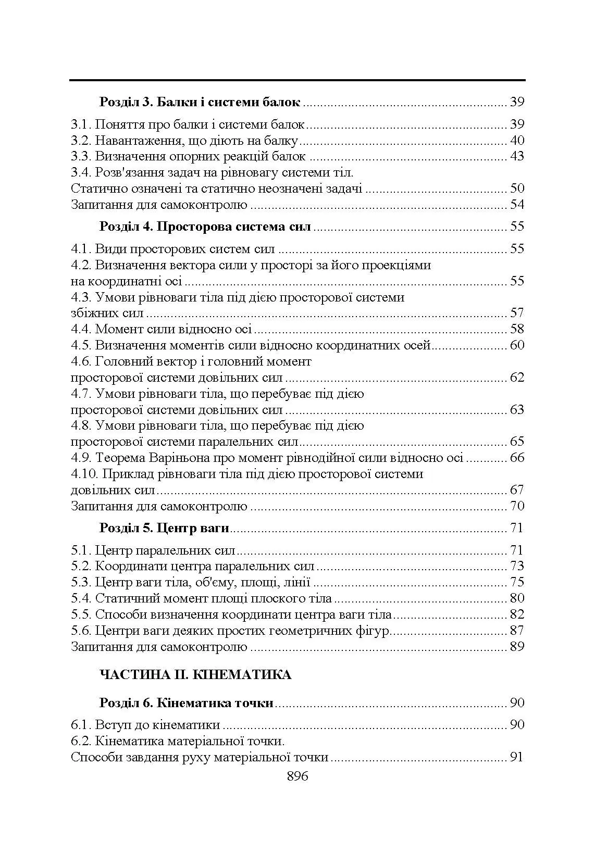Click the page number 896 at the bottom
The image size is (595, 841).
(297, 776)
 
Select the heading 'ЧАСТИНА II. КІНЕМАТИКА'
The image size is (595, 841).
(195, 675)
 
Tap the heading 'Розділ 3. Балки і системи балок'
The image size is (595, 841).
(200, 102)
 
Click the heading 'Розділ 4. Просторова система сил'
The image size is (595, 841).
(205, 227)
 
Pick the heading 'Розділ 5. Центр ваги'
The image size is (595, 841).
(164, 528)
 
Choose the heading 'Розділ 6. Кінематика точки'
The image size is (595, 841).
(186, 703)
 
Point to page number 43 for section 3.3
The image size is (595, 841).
(517, 156)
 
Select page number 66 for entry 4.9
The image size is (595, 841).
(517, 458)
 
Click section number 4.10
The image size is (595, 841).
(83, 474)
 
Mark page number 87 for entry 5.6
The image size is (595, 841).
(517, 631)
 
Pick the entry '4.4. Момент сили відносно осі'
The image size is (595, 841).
(162, 329)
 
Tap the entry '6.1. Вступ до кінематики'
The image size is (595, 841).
(145, 725)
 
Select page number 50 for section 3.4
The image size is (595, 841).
(517, 189)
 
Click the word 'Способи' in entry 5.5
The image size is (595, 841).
(117, 615)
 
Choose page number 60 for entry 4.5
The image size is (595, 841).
(517, 345)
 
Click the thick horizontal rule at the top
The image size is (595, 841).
(297, 81)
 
